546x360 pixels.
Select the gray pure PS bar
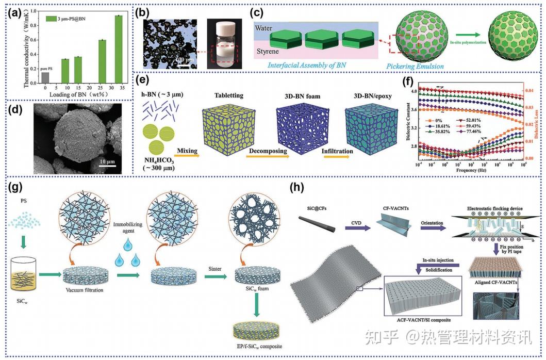pyautogui.click(x=45, y=77)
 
